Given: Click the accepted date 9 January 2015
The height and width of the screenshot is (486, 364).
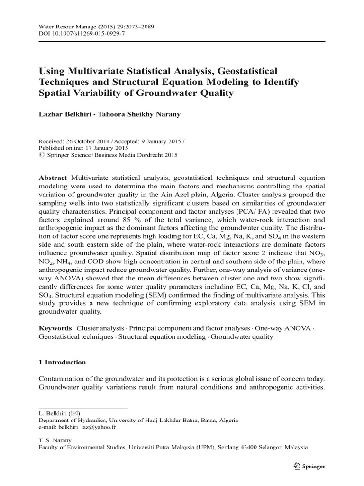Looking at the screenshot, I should (156, 140).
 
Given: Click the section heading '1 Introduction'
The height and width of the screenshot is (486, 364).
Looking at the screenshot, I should (62, 362).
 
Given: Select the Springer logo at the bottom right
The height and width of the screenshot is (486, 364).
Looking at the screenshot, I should (309, 466).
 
